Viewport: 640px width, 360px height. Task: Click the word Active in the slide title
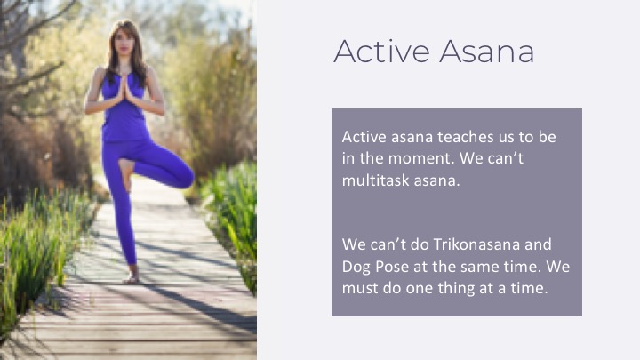[x=381, y=52]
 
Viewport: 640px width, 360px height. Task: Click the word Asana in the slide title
[x=486, y=52]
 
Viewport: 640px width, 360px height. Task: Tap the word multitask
[x=375, y=180]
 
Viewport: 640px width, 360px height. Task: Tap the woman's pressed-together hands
[x=124, y=88]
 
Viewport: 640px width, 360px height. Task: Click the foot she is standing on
[x=132, y=276]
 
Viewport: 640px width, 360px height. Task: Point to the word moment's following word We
[x=471, y=158]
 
